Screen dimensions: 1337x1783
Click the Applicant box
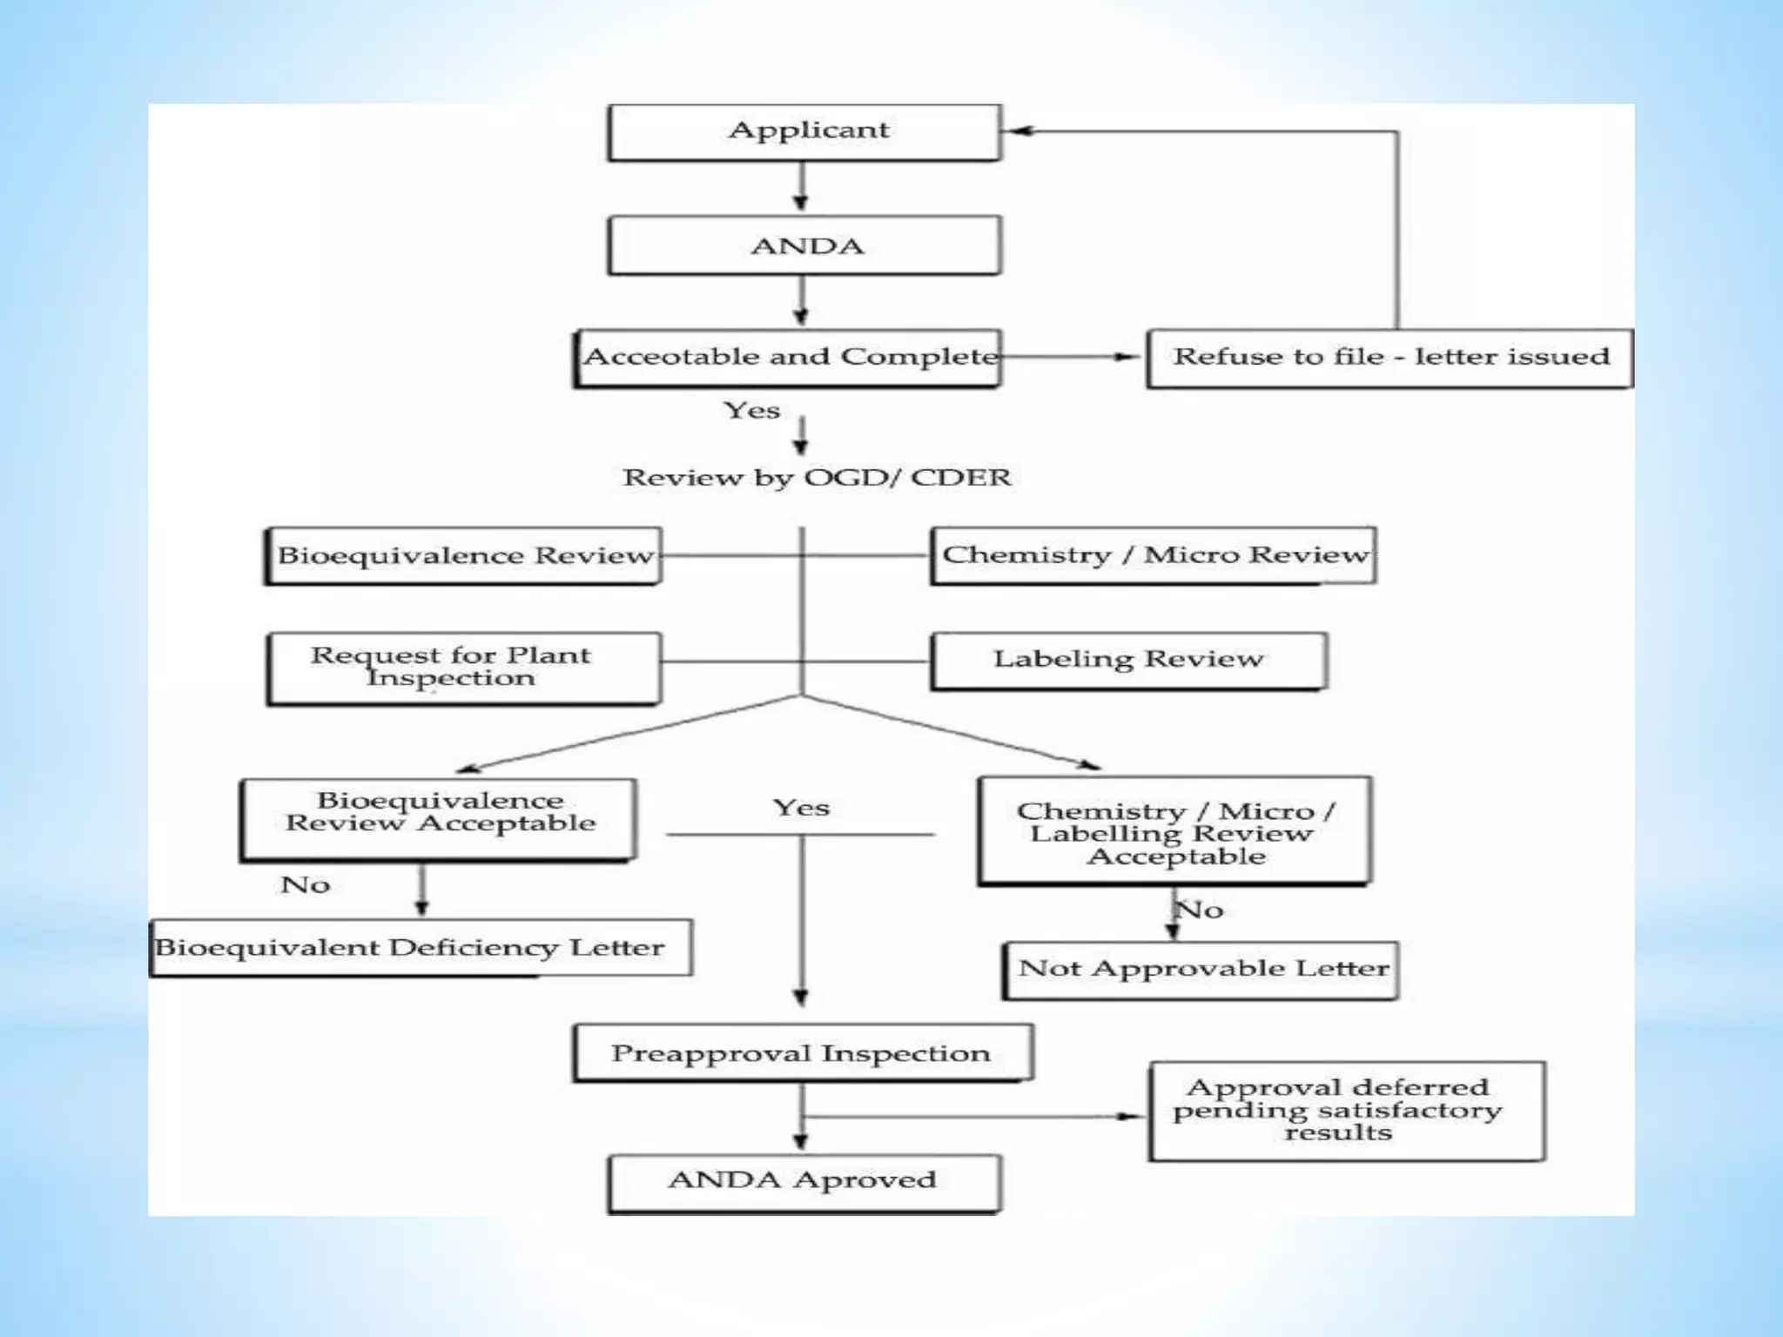pyautogui.click(x=805, y=132)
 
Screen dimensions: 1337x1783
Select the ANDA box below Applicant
pyautogui.click(x=805, y=246)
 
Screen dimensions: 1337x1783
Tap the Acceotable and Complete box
pyautogui.click(x=789, y=358)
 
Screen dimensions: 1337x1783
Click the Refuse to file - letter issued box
pyautogui.click(x=1389, y=358)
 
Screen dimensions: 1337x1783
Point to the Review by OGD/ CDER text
pyautogui.click(x=817, y=478)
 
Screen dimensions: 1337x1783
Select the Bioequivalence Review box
pyautogui.click(x=464, y=556)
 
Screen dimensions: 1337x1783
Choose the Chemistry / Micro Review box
pyautogui.click(x=1154, y=555)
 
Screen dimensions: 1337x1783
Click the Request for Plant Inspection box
pyautogui.click(x=464, y=668)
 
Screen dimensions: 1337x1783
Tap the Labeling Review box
pyautogui.click(x=1129, y=661)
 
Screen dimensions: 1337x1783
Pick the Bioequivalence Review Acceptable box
pyautogui.click(x=440, y=819)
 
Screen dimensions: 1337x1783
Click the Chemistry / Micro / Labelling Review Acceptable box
pyautogui.click(x=1175, y=831)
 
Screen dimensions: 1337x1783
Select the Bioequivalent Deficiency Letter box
pyautogui.click(x=421, y=948)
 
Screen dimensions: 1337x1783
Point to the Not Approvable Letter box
pyautogui.click(x=1201, y=970)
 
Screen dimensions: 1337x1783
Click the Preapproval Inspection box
pyautogui.click(x=803, y=1053)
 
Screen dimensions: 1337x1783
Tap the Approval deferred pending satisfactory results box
pyautogui.click(x=1347, y=1111)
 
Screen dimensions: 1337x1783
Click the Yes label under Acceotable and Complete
pyautogui.click(x=752, y=411)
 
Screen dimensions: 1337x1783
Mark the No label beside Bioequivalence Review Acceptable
pyautogui.click(x=306, y=886)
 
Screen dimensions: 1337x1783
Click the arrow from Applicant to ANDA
pyautogui.click(x=802, y=188)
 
